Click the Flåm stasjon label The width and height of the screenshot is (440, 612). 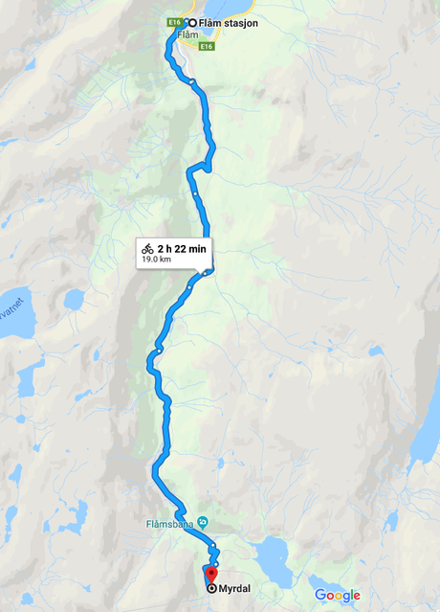[x=229, y=23]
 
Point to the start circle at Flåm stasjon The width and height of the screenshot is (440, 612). [x=191, y=23]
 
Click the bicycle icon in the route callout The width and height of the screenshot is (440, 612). [x=148, y=249]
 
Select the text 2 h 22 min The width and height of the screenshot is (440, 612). [x=182, y=249]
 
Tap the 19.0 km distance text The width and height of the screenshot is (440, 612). [x=155, y=260]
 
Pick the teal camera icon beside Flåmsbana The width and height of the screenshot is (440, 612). [x=214, y=523]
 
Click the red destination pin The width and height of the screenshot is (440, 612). [x=211, y=575]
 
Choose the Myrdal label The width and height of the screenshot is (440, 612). [x=235, y=589]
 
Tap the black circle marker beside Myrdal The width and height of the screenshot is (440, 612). [x=211, y=589]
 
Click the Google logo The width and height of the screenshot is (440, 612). [x=337, y=596]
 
